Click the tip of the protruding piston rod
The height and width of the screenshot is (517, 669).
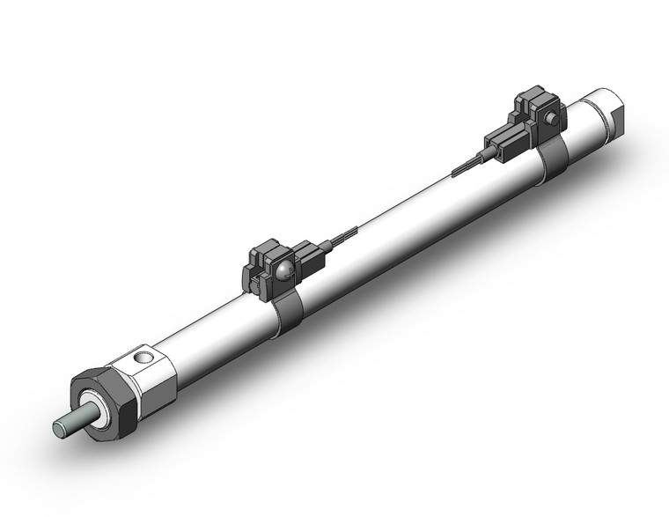click(60, 429)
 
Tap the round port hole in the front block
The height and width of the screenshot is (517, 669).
click(143, 358)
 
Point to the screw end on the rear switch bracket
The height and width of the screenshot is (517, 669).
click(550, 119)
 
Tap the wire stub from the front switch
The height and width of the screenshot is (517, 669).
click(342, 238)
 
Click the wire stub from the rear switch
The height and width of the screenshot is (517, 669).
click(467, 166)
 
